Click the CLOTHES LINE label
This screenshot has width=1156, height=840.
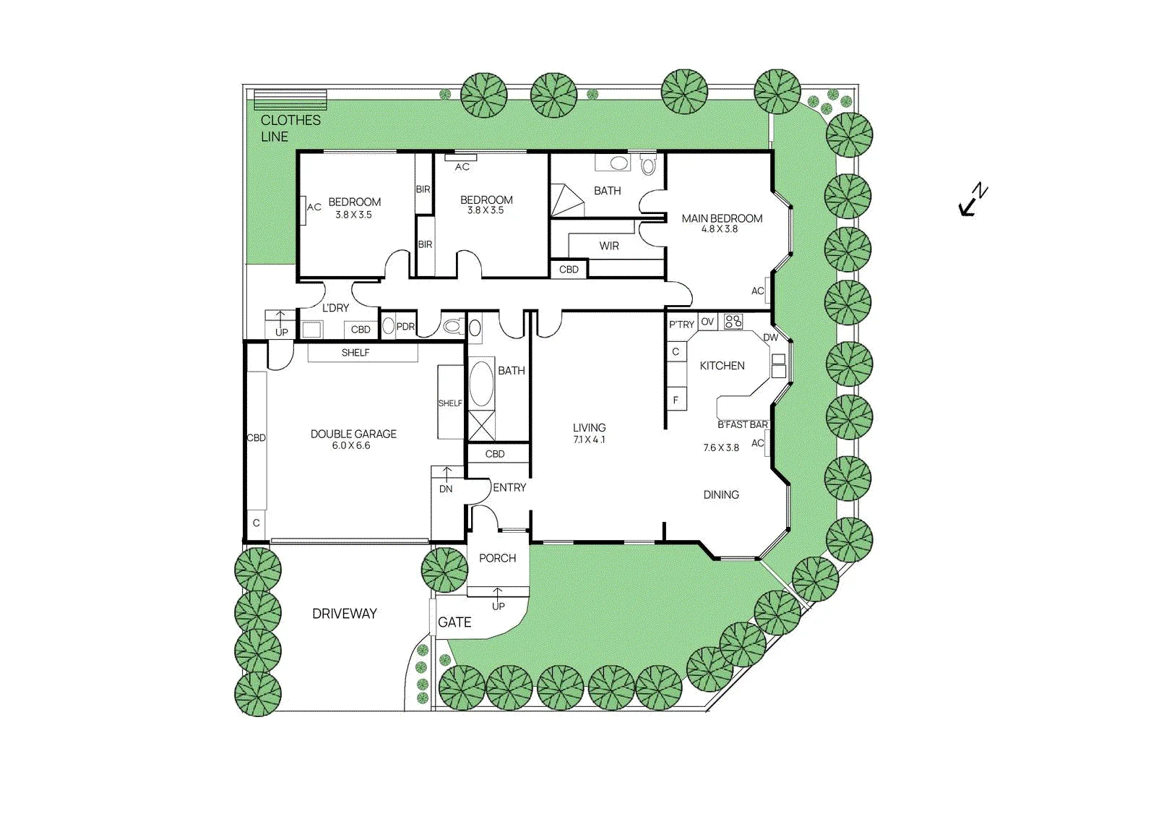click(x=290, y=128)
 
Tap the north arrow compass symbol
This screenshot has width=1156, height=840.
click(x=972, y=200)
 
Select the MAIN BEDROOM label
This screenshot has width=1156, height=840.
click(x=722, y=218)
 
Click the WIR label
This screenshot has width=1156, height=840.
click(x=609, y=246)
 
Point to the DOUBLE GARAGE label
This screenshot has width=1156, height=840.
click(x=353, y=434)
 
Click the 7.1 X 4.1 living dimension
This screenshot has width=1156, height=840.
click(x=590, y=440)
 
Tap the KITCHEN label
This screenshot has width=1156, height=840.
click(x=722, y=366)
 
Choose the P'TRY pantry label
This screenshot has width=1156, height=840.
click(x=681, y=325)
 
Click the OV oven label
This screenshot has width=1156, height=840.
click(x=707, y=322)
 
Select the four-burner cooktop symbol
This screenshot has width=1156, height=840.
click(x=733, y=322)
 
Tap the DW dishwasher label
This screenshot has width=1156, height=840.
click(x=770, y=338)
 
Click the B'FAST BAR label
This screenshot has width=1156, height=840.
click(x=743, y=424)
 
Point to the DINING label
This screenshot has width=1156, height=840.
click(x=721, y=494)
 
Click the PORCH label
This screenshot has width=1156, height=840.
click(x=498, y=558)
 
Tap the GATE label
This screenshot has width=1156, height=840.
click(x=454, y=622)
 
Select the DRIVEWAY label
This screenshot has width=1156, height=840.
click(x=344, y=614)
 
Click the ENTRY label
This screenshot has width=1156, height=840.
click(x=509, y=487)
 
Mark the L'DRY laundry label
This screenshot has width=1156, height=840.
click(x=335, y=308)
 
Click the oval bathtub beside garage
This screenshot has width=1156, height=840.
click(x=481, y=384)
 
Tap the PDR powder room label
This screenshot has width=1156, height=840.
click(x=405, y=327)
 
